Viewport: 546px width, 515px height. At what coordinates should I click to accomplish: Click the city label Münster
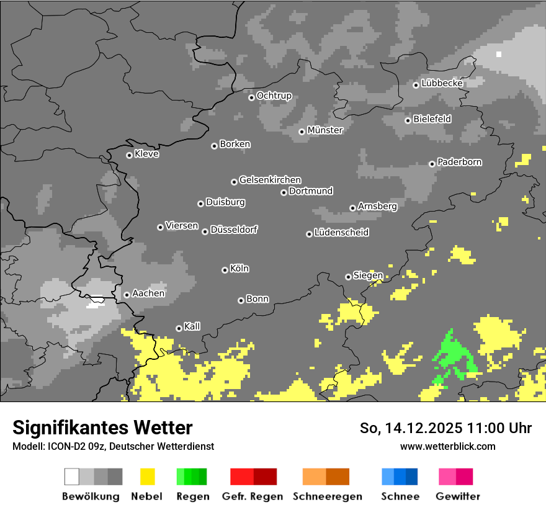click(325, 130)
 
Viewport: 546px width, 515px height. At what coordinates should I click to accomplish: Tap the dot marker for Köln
click(225, 270)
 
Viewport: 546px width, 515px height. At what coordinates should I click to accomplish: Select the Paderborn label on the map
click(459, 162)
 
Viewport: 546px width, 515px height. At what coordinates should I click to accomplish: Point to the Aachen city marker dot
click(127, 295)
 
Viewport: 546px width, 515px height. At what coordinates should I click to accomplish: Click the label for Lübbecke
click(442, 83)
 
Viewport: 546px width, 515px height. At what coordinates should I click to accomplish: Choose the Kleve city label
click(146, 154)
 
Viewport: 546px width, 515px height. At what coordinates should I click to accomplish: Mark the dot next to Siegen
click(348, 277)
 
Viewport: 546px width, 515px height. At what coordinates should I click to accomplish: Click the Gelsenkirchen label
click(270, 180)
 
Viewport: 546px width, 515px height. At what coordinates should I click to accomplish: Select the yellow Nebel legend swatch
click(148, 477)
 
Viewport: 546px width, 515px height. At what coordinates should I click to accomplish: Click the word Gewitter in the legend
click(458, 496)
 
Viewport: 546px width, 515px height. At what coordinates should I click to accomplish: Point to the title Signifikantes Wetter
click(102, 428)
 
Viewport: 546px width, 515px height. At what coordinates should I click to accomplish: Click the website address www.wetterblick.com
click(447, 446)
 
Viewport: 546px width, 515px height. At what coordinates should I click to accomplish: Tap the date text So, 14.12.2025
click(410, 428)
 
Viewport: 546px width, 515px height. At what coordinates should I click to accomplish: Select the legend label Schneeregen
click(328, 496)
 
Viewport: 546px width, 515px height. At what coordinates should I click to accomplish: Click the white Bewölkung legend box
click(72, 477)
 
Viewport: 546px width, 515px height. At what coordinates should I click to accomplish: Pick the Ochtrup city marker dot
click(251, 97)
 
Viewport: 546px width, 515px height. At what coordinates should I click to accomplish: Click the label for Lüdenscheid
click(341, 233)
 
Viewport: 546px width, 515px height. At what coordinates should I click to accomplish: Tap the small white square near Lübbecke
click(499, 54)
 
